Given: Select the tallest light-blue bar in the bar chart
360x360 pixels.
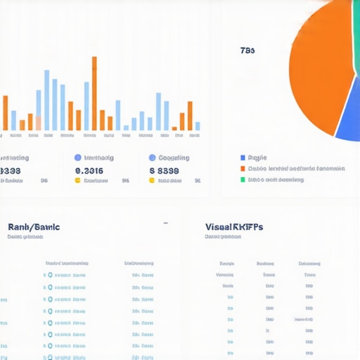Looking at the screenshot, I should (x=46, y=100).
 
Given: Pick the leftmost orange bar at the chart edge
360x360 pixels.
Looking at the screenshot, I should (x=5, y=112).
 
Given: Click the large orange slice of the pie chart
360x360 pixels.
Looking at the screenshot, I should (x=320, y=63).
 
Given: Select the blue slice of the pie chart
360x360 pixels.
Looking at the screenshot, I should (x=350, y=112).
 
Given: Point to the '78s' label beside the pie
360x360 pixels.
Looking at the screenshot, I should (x=247, y=51).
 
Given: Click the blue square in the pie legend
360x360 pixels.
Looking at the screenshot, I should (x=243, y=158).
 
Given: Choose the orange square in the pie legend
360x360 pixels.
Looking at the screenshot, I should (x=243, y=169).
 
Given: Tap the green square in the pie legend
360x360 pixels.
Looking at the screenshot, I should (x=243, y=180).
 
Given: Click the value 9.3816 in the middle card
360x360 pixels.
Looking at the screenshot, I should (x=89, y=170).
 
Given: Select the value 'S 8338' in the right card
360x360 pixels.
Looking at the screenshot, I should (x=164, y=170).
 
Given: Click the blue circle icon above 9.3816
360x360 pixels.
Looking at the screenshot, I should (x=78, y=158).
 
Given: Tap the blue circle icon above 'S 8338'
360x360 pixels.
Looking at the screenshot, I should (x=152, y=158).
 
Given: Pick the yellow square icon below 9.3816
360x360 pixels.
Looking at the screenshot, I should (x=78, y=181).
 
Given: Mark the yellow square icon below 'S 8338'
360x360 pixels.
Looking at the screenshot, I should (x=151, y=181).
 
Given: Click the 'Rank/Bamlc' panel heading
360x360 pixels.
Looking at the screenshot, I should (x=34, y=227).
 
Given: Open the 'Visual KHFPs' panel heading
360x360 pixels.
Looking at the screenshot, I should (x=234, y=227).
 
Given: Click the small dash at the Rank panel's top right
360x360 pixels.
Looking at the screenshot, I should (x=166, y=223).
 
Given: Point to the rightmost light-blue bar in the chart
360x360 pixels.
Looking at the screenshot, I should (x=198, y=127).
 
